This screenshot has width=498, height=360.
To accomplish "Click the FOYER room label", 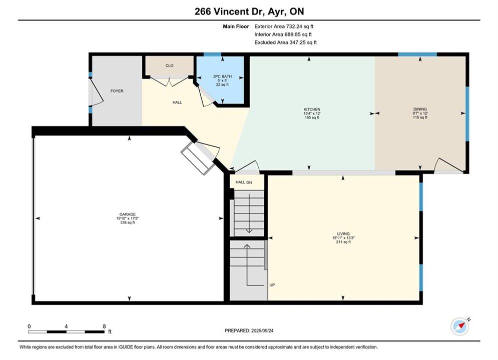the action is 117,91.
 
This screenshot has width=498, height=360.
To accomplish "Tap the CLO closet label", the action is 169,65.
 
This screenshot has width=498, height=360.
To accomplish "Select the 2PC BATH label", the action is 222,76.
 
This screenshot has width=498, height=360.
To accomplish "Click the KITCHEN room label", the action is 312,109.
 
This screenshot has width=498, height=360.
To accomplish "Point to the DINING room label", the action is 420,109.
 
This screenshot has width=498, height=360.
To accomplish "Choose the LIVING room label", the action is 343,234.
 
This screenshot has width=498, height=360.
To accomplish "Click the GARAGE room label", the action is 127,214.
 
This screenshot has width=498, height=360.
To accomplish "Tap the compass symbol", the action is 460,326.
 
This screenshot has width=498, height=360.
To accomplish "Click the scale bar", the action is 66,332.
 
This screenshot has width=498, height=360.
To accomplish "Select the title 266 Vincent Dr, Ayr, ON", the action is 249,11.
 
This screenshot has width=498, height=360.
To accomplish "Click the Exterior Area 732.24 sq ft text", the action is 284,26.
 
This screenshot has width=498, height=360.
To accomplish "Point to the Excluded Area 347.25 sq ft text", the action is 285,42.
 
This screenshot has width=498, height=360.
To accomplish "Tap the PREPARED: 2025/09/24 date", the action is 249,330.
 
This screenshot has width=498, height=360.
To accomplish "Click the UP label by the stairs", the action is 272,285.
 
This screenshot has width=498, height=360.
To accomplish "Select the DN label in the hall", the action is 249,182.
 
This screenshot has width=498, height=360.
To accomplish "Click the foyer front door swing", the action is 97,92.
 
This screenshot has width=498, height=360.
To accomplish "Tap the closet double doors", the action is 169,81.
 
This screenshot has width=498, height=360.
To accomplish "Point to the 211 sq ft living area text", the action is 343,242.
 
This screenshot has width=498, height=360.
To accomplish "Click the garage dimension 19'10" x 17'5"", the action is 127,218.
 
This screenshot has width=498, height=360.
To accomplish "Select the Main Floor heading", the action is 236,26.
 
